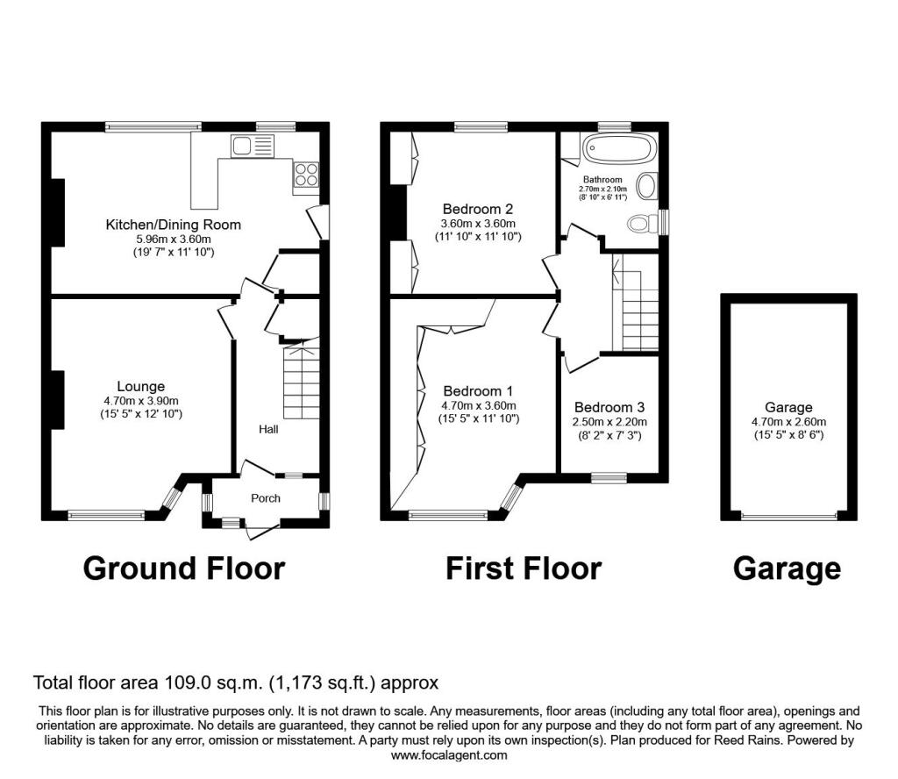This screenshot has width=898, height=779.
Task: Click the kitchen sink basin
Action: coord(242,146)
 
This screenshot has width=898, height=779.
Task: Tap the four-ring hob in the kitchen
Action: coord(306,174)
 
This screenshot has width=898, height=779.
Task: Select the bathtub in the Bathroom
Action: coord(618,148)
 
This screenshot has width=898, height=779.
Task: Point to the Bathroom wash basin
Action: coord(647,187)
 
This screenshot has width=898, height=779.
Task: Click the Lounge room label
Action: coord(140,387)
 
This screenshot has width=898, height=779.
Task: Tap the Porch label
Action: coord(266,498)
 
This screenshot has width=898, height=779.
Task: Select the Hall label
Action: coord(268,429)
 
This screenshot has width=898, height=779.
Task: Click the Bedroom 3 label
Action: coord(609,407)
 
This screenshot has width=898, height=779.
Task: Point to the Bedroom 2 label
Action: coord(478,209)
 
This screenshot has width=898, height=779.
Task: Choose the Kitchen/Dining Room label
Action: coord(173,225)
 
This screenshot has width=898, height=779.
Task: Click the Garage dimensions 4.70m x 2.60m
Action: coord(788,422)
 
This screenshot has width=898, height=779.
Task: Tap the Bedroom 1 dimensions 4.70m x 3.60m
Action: coord(478,405)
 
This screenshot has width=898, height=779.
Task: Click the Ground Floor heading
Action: coord(184,568)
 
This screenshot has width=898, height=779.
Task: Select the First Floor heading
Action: coord(524,568)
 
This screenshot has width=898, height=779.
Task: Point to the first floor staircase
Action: coord(636,303)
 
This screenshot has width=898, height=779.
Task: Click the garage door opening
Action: coord(788,516)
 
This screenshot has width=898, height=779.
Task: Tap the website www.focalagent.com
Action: coord(449,755)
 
